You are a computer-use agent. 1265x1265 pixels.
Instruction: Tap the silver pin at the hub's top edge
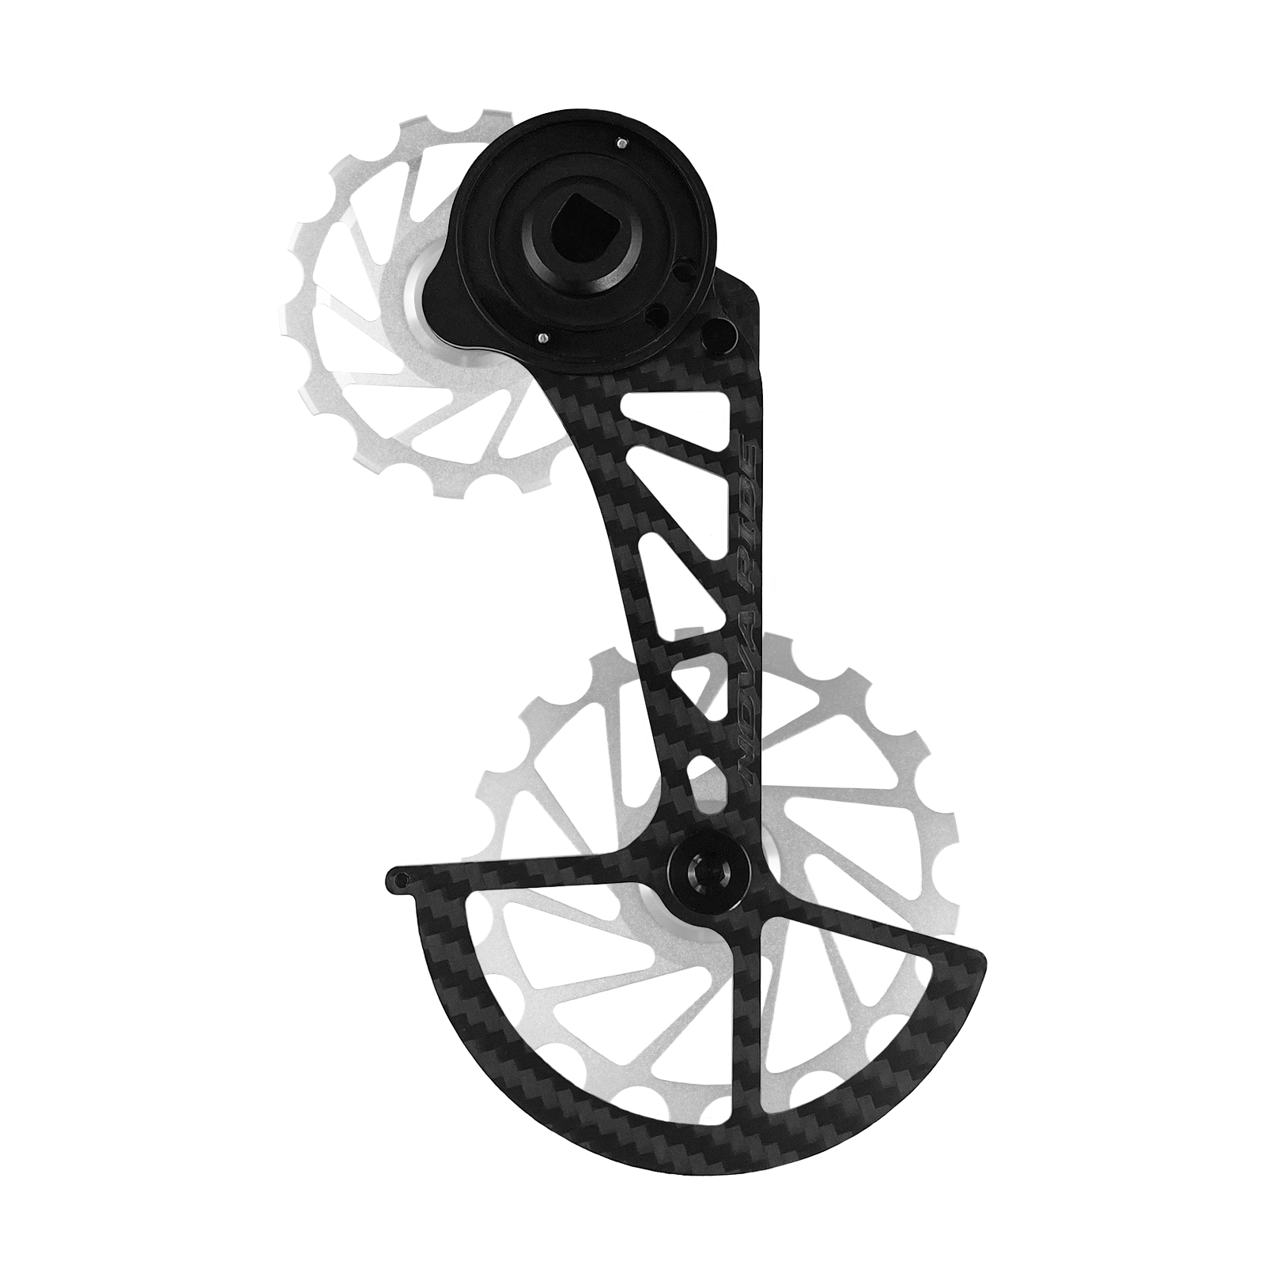click(601, 143)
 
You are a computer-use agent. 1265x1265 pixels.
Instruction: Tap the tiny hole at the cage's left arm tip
click(402, 877)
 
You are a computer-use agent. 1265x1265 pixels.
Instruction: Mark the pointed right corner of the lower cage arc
click(985, 958)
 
